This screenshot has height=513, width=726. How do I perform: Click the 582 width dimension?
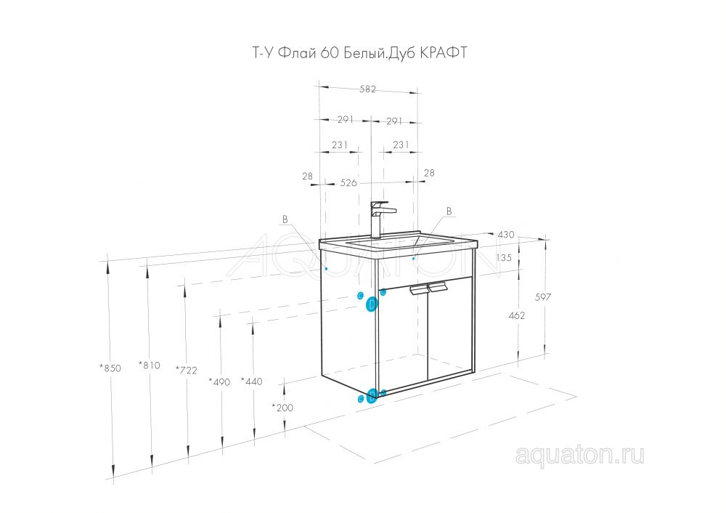[367, 89]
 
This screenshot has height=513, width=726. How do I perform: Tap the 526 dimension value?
[348, 183]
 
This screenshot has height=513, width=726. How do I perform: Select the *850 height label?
[110, 368]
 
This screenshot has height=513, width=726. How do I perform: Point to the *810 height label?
[150, 365]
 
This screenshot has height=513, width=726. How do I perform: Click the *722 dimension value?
[186, 370]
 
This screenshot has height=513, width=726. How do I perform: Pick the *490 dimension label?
[219, 382]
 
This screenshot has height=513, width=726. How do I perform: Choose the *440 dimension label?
[252, 381]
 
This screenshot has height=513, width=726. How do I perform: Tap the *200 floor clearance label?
[282, 408]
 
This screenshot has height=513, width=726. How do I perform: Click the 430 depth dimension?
[505, 235]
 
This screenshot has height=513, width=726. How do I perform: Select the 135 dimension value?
[504, 257]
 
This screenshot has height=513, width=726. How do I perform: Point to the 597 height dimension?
[543, 296]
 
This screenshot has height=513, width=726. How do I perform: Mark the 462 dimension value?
[517, 315]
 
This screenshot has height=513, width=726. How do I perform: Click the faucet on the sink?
[381, 219]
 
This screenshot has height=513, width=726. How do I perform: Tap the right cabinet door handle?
[438, 287]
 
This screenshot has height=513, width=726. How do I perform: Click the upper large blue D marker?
[372, 304]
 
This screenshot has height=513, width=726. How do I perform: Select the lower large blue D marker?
[371, 397]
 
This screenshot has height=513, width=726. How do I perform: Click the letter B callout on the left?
[285, 219]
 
